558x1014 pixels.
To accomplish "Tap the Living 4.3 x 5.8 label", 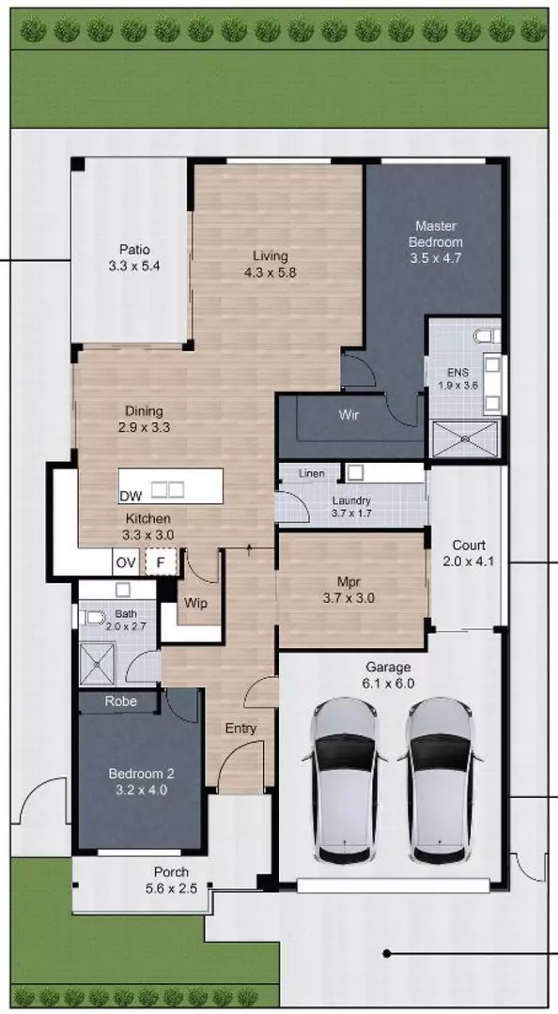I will (270, 264).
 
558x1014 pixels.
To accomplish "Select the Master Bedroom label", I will (436, 241).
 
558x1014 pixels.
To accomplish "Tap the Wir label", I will (349, 413).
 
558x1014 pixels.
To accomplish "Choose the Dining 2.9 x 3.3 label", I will (144, 419).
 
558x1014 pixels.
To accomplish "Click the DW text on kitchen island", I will (131, 495).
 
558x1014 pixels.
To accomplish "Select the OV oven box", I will (126, 563).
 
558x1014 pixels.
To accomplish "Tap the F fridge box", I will (161, 563).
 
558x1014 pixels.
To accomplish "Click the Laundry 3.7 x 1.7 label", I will (350, 507).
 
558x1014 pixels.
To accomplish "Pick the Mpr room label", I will (349, 588).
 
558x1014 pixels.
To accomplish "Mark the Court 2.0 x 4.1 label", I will (468, 553).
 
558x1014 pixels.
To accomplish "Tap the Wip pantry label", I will (196, 603).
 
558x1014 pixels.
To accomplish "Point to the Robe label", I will (121, 700).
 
